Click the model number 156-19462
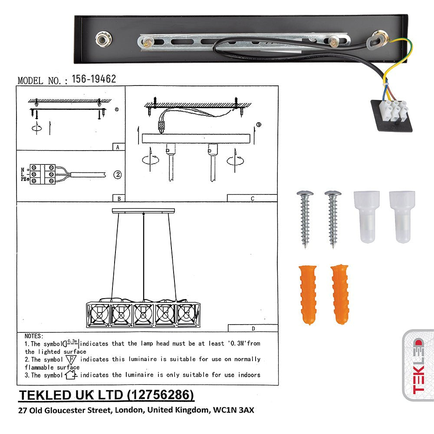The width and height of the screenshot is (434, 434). click(94, 79)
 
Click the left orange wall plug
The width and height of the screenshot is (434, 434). click(308, 295)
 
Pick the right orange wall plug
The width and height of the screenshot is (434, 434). click(340, 294)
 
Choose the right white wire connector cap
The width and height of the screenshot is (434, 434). click(402, 216)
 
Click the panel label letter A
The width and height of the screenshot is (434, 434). click(118, 147)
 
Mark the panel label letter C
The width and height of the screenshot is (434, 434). click(252, 198)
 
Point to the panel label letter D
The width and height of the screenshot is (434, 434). click(253, 329)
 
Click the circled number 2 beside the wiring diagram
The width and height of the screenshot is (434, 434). click(118, 175)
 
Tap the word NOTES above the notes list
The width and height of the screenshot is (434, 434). click(34, 336)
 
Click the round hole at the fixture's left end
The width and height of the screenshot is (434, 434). click(104, 39)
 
